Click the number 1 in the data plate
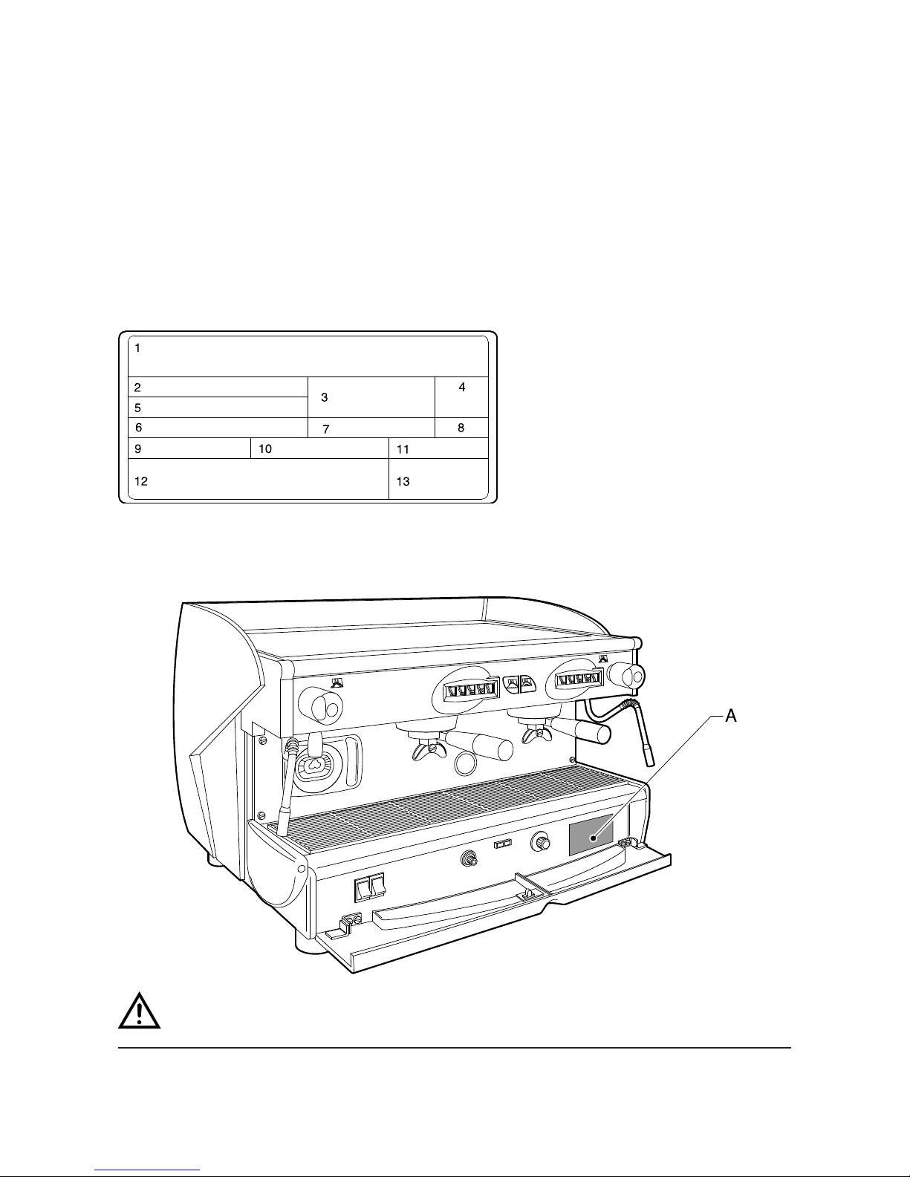[138, 348]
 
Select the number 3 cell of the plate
[325, 398]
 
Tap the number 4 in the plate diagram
[461, 388]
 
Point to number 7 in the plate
[325, 430]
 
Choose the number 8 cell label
[461, 428]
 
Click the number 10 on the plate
[265, 449]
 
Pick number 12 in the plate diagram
[141, 481]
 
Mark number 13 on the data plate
[403, 481]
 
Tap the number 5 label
[138, 408]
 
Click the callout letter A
[731, 716]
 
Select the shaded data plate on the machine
[591, 834]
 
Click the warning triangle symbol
[140, 1008]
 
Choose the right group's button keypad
[576, 679]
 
